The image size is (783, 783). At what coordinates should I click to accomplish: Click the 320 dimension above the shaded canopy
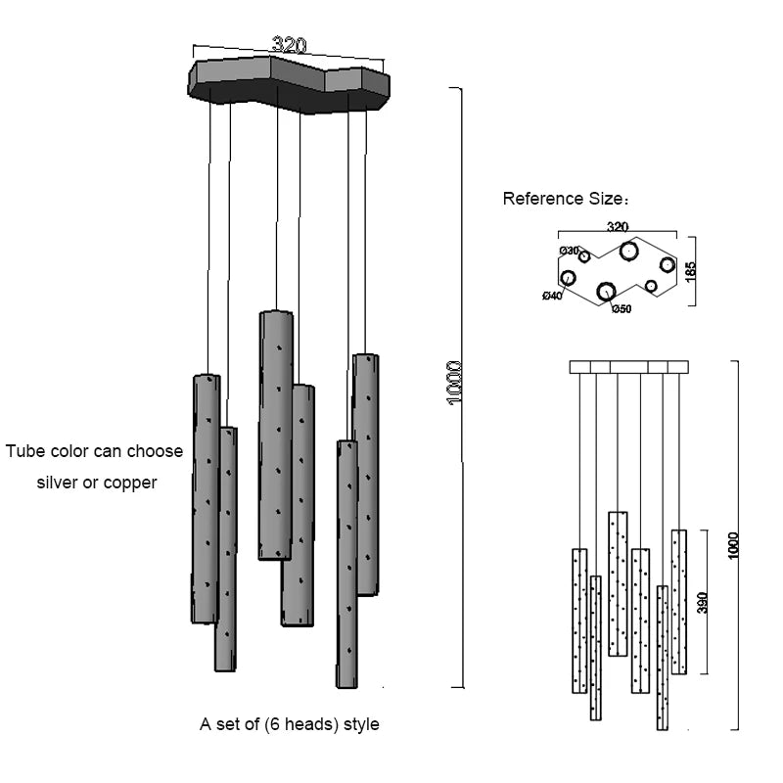[290, 45]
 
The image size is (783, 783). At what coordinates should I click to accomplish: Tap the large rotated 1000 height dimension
[454, 385]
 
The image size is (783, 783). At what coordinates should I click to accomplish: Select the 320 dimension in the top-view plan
[618, 227]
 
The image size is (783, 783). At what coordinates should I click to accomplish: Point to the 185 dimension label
[691, 270]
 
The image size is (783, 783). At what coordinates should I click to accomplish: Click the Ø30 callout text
[569, 251]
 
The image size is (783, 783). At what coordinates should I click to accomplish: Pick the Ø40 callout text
[552, 296]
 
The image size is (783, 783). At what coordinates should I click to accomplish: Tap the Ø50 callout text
[622, 309]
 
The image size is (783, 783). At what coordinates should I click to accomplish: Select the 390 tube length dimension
[701, 602]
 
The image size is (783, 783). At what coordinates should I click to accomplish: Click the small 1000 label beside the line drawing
[734, 546]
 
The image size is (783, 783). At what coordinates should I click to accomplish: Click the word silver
[59, 483]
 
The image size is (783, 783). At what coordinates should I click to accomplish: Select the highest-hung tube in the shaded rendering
[276, 436]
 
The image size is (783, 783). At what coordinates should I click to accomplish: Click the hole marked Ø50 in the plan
[606, 291]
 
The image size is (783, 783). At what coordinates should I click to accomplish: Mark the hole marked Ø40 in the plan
[568, 278]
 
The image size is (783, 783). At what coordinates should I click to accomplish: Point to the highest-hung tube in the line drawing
[618, 582]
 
